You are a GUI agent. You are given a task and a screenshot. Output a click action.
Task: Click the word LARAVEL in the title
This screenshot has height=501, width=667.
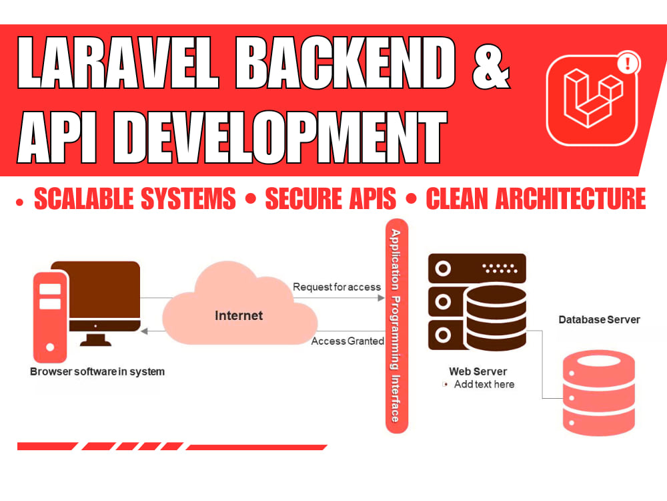(x=118, y=63)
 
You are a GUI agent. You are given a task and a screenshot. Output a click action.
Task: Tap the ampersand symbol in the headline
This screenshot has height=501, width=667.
(x=491, y=66)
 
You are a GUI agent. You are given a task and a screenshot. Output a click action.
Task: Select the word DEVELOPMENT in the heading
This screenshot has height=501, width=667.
(x=281, y=137)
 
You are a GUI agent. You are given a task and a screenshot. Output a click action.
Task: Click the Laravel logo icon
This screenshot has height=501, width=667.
(x=592, y=100)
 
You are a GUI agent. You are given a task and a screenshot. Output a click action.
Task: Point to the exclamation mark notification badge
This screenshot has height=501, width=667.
(x=627, y=63)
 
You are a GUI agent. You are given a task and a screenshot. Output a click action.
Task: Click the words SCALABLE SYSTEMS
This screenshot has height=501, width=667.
(x=135, y=198)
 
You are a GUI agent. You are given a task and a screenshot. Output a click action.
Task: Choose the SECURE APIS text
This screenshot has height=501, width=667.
(x=331, y=198)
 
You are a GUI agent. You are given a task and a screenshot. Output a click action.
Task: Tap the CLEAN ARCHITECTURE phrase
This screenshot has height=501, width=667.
(x=536, y=198)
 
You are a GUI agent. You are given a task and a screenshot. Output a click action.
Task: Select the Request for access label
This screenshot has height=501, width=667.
(x=336, y=287)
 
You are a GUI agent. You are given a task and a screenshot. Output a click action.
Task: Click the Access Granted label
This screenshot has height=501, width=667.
(x=348, y=341)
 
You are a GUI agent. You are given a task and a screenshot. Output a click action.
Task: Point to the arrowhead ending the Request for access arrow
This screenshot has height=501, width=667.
(x=382, y=298)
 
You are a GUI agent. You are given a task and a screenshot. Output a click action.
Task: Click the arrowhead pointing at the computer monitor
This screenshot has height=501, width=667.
(x=144, y=331)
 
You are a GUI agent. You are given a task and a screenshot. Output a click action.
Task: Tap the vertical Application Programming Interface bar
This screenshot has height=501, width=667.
(x=396, y=326)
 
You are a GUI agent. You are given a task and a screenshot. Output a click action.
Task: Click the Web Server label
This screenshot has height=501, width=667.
(x=478, y=371)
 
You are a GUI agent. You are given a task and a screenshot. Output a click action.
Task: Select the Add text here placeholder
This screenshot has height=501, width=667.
(x=484, y=384)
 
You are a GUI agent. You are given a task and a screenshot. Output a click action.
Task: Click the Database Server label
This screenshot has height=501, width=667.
(x=599, y=319)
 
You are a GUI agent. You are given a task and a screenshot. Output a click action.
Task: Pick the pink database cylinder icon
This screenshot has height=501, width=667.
(x=598, y=393)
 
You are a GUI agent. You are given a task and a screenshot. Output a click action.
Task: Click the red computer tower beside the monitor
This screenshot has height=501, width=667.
(x=50, y=317)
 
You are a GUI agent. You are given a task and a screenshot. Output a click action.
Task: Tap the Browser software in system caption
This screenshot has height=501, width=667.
(x=97, y=371)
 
